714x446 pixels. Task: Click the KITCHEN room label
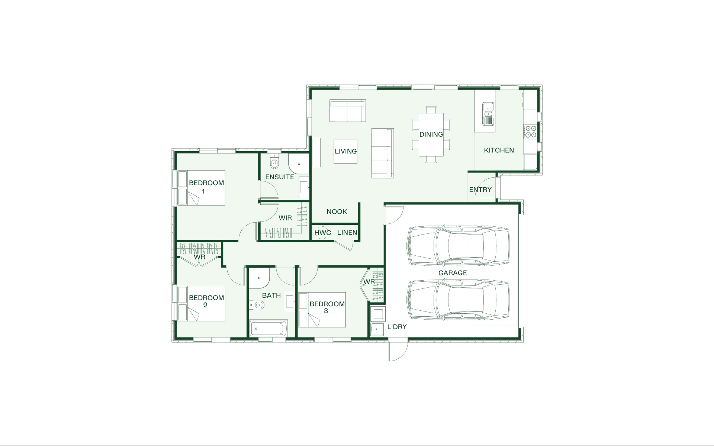point(499,150)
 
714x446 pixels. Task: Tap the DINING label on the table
point(431,134)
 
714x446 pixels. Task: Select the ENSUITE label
point(280,177)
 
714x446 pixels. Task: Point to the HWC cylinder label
point(323,233)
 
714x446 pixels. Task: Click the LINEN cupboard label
point(347,233)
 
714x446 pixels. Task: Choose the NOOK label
point(337,212)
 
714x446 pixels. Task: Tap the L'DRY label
point(397,327)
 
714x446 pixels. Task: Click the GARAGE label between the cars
point(453,273)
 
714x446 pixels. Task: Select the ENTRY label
point(480,190)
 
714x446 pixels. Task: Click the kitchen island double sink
point(488,114)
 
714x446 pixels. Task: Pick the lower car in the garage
point(459,300)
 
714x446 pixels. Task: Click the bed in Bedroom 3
point(322,310)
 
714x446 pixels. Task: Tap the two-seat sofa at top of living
point(348,110)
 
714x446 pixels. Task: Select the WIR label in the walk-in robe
point(285,218)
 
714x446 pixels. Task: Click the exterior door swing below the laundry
point(398,350)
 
